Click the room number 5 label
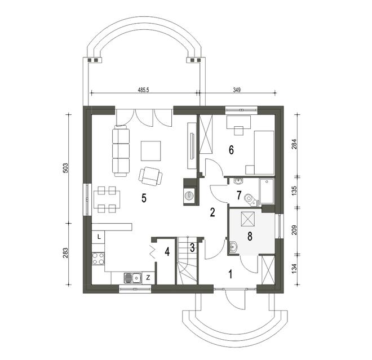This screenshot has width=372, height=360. click(144, 198)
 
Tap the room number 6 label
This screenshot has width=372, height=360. click(231, 150)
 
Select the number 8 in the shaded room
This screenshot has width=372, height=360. click(250, 237)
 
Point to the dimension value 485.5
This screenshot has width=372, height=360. click(143, 90)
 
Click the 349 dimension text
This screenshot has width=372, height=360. click(237, 90)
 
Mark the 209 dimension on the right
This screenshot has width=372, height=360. click(294, 230)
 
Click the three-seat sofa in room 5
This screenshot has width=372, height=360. click(121, 151)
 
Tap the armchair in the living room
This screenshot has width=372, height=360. click(150, 176)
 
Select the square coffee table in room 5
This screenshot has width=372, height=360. click(150, 151)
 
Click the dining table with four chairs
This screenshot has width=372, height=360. click(107, 199)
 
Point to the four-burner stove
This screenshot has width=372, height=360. click(98, 259)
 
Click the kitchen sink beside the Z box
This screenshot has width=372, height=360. click(132, 278)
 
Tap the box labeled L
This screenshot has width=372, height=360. click(98, 237)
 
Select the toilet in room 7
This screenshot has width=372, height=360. click(250, 198)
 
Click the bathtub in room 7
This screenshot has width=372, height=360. click(267, 192)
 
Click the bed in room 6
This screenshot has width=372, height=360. click(264, 153)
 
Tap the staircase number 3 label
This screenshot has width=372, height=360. click(192, 247)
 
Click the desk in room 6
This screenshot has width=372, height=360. click(238, 122)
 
